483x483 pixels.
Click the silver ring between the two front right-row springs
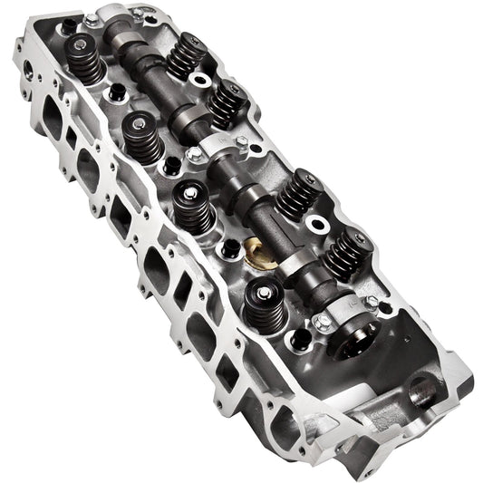[317, 223]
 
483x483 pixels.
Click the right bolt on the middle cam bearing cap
[242, 140]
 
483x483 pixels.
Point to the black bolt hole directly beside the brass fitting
[233, 246]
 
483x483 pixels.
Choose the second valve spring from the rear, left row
[142, 136]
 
